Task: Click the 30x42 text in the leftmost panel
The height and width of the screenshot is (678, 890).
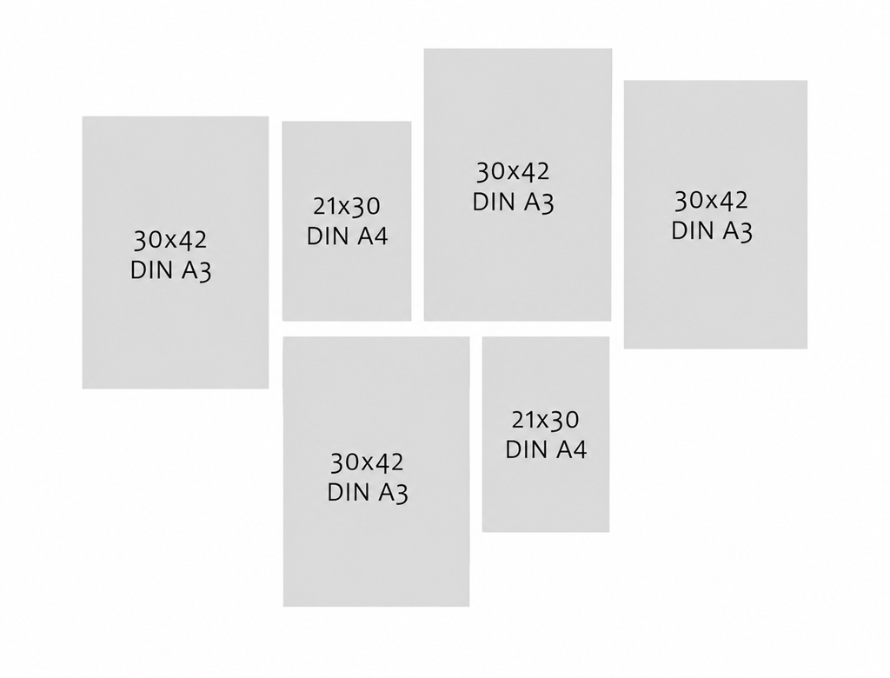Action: tap(170, 240)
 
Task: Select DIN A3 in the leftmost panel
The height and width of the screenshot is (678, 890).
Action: tap(171, 270)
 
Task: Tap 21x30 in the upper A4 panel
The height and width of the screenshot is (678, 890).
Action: tap(346, 206)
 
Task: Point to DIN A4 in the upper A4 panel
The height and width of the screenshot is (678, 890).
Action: tap(348, 236)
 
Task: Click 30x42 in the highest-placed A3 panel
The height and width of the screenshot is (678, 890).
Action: tap(513, 171)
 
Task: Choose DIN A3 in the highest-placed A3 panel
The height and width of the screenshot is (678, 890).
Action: tap(513, 203)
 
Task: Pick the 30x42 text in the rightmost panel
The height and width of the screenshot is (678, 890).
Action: tap(711, 200)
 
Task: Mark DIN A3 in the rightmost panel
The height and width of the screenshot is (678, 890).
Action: tap(712, 230)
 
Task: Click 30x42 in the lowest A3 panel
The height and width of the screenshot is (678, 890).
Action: tap(367, 462)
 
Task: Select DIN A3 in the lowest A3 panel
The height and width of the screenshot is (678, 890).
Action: tap(368, 492)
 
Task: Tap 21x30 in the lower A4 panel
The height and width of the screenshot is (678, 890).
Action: tap(545, 420)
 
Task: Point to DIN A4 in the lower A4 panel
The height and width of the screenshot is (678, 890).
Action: tap(546, 449)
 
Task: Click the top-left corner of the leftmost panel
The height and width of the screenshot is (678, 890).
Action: tap(83, 116)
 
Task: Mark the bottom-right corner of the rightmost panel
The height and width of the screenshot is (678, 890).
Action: tap(807, 348)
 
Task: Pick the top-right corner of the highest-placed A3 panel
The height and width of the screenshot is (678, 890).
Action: tap(612, 49)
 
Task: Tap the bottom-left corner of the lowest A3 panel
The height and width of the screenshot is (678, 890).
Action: tap(283, 607)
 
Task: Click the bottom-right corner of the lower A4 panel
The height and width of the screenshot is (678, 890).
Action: tap(609, 532)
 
